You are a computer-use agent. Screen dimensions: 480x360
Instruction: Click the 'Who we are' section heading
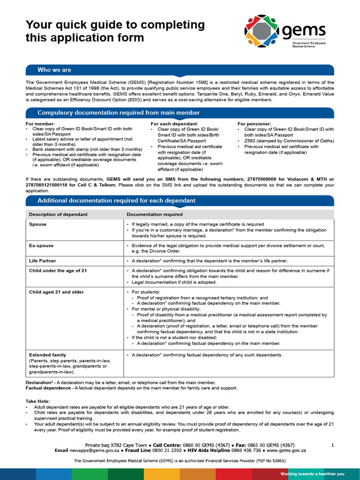tap(54, 70)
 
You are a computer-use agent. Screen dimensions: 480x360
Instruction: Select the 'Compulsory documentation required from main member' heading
tap(119, 112)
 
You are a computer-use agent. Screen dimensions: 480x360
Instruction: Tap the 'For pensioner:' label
tap(255, 124)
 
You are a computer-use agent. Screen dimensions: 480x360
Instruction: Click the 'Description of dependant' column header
tap(58, 214)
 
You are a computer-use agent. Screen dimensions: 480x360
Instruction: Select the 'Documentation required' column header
tap(155, 214)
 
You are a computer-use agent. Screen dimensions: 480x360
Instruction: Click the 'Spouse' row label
tap(37, 225)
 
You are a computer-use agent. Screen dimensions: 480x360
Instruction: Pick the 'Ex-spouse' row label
tap(41, 246)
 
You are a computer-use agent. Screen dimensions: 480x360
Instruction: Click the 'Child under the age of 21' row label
tap(58, 270)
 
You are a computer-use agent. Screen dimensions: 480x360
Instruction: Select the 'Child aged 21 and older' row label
tap(56, 292)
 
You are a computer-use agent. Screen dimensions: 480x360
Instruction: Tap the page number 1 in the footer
tap(332, 445)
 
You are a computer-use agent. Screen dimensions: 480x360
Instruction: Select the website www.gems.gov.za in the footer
tap(286, 450)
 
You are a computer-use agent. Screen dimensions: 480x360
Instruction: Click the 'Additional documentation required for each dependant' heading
tap(116, 201)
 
